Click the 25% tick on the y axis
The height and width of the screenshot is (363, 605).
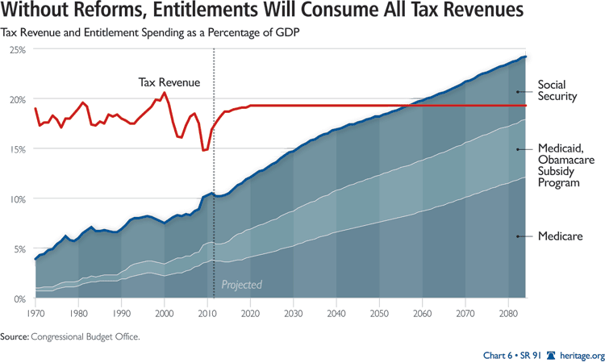(x=17, y=50)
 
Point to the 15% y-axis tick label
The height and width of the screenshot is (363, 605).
(x=17, y=149)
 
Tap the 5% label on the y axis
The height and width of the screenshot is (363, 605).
(x=19, y=249)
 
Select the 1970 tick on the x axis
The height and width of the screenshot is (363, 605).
(x=35, y=311)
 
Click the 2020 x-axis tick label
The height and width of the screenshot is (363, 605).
(x=251, y=311)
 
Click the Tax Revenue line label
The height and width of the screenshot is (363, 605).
(x=169, y=82)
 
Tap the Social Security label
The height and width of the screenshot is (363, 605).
(x=556, y=90)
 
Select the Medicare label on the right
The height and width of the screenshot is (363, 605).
(x=561, y=236)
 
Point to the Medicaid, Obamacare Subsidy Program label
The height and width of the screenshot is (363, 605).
(x=559, y=165)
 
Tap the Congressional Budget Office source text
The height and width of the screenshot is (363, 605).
(x=85, y=337)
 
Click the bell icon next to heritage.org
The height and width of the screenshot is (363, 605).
(x=552, y=355)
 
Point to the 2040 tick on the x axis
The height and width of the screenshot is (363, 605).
(x=337, y=311)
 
